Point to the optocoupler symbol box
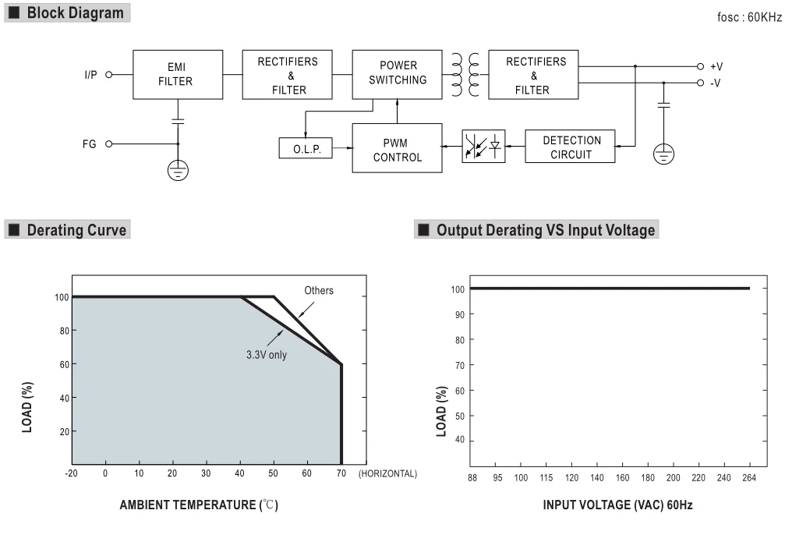tap(483, 147)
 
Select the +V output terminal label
tap(716, 67)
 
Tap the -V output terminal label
tap(716, 82)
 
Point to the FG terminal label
tap(89, 144)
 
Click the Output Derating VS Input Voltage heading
tap(544, 229)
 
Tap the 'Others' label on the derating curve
tap(318, 291)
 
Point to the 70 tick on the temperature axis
tap(341, 473)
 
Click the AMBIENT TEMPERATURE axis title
tap(198, 505)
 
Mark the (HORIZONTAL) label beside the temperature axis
tap(387, 473)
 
